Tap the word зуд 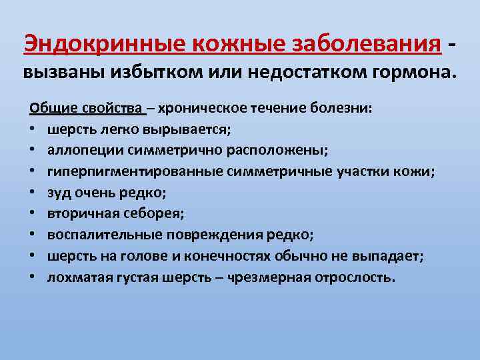pyautogui.click(x=57, y=193)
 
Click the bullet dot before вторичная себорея pyautogui.click(x=33, y=214)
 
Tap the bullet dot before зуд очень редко pyautogui.click(x=33, y=193)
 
